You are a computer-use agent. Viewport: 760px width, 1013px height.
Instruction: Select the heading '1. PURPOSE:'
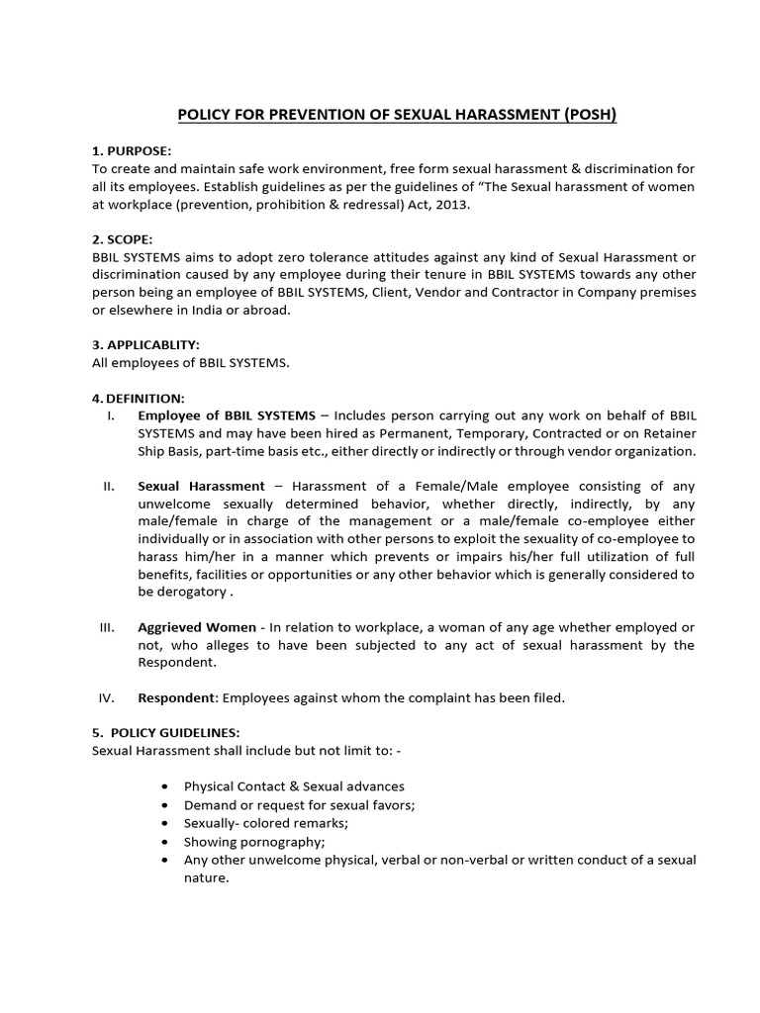(x=132, y=151)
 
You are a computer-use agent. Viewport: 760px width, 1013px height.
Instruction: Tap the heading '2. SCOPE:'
(x=124, y=239)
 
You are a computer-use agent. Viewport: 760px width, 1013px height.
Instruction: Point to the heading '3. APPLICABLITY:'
(x=145, y=345)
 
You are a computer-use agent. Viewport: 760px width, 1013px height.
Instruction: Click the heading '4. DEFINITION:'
(x=139, y=398)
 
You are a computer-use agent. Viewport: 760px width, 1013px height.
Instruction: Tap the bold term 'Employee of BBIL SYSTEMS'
(x=227, y=415)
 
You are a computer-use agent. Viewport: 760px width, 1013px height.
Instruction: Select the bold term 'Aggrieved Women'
(x=196, y=628)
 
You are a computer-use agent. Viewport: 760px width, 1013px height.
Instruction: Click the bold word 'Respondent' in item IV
(x=177, y=697)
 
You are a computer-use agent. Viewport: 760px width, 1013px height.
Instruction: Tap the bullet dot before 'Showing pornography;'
(x=162, y=842)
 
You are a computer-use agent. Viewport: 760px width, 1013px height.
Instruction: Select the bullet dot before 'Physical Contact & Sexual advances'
(x=162, y=786)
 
